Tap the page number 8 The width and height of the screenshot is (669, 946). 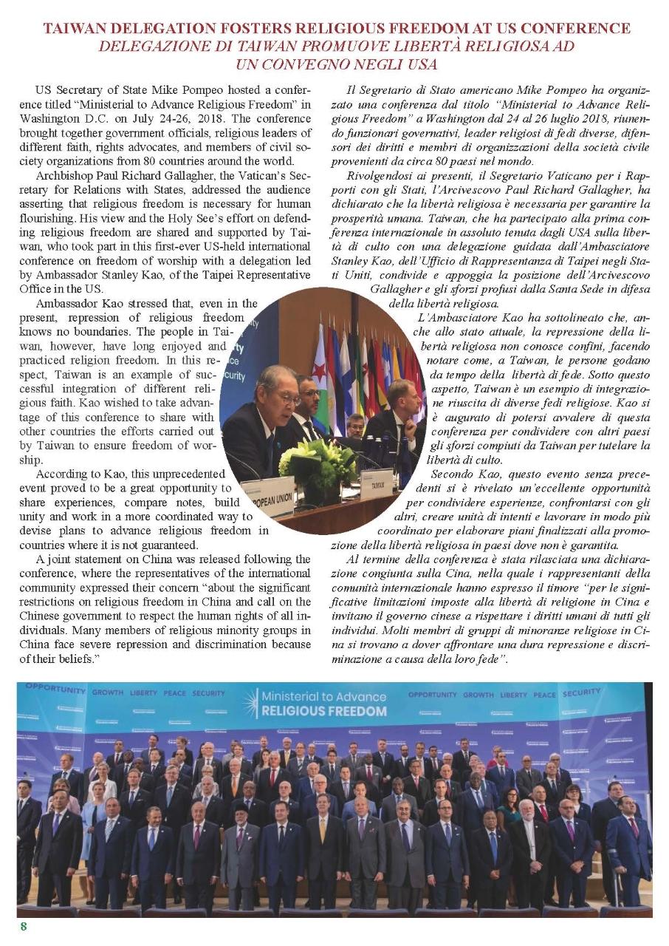coord(24,927)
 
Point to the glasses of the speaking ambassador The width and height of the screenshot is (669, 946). coord(287,398)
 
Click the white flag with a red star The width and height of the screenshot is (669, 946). coord(321,370)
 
